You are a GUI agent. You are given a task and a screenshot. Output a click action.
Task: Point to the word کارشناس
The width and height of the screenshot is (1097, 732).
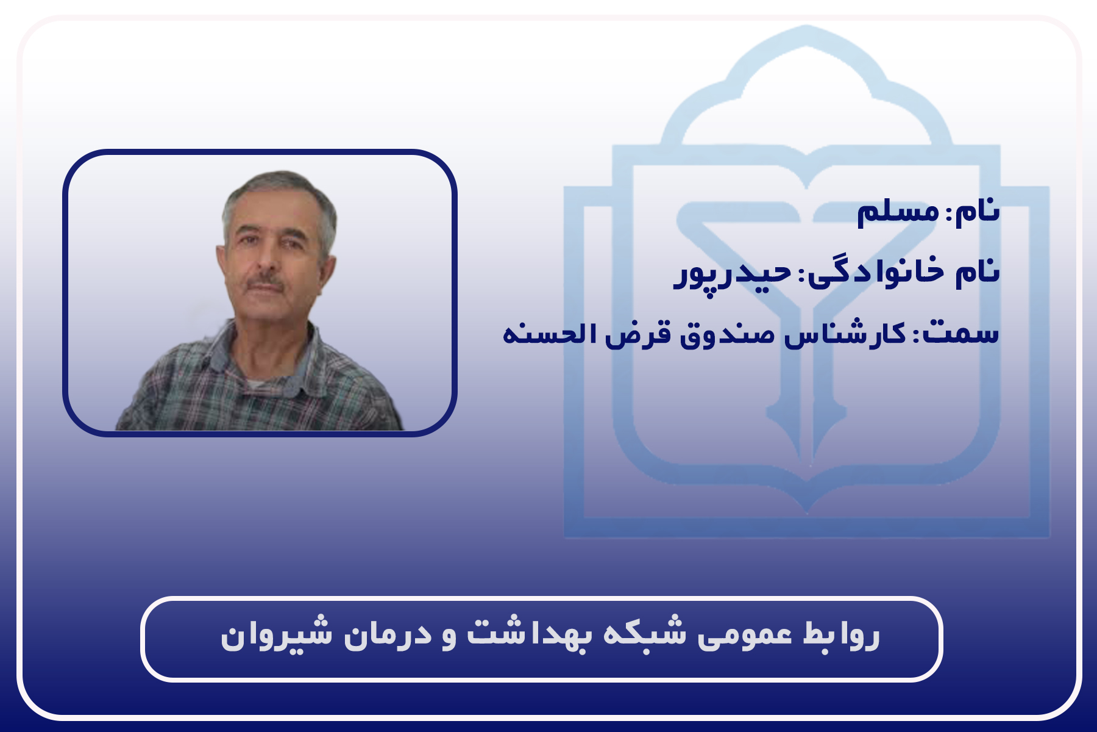(845, 334)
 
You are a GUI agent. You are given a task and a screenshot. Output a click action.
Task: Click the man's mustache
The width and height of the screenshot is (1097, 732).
(265, 282)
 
